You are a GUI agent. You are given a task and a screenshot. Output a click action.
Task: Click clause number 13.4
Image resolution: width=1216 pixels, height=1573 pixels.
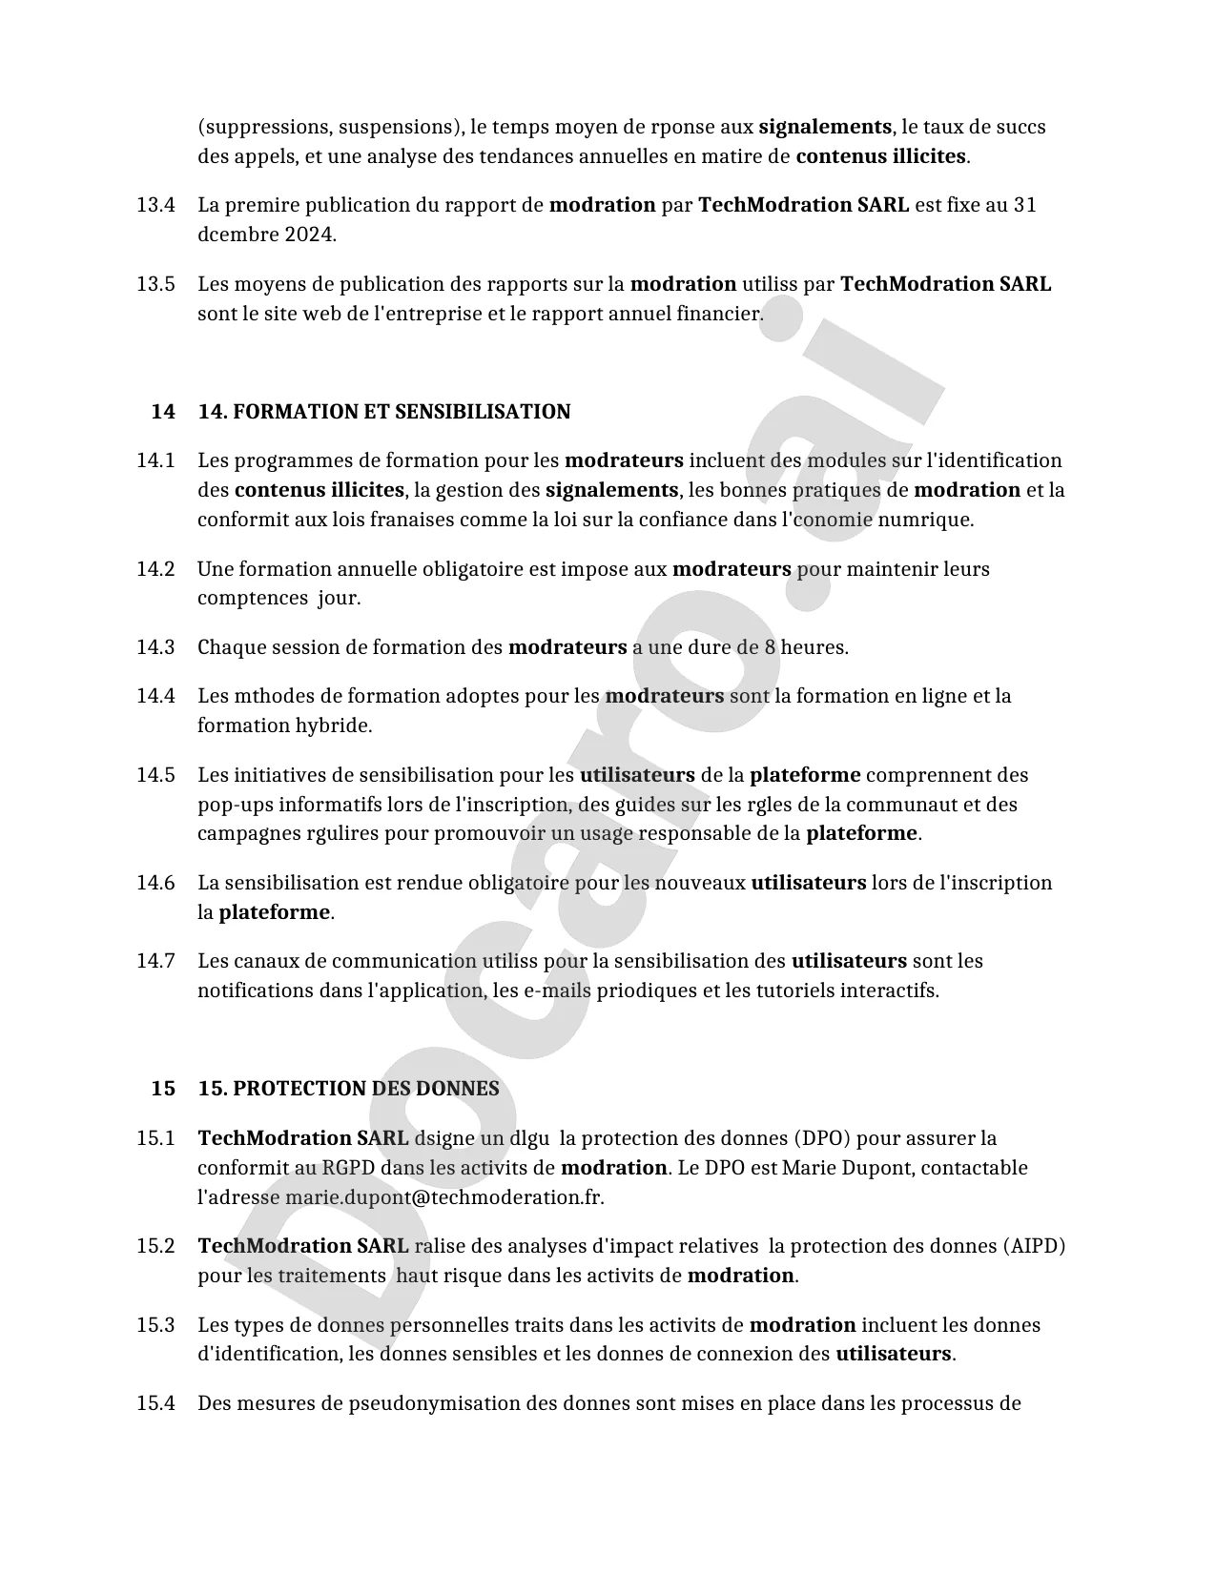click(155, 205)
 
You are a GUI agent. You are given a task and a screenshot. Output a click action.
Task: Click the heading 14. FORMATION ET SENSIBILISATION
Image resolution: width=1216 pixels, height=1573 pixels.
click(384, 412)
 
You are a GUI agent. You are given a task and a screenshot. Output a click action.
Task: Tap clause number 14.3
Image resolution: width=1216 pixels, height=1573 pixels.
click(155, 647)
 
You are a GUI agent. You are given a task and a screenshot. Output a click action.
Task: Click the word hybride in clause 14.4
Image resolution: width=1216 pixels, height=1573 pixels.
click(334, 725)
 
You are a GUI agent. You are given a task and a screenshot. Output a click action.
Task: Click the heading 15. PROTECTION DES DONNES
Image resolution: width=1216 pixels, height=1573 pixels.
click(348, 1089)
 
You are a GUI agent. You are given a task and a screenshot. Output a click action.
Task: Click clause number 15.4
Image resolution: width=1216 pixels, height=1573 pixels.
click(155, 1403)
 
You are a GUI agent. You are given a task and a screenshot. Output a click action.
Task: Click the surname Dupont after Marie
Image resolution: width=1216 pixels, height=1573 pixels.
click(876, 1168)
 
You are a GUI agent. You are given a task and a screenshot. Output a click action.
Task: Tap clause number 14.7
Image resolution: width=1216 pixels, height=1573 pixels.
click(155, 961)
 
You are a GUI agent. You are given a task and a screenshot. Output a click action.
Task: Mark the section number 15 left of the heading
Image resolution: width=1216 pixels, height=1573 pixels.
click(163, 1089)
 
